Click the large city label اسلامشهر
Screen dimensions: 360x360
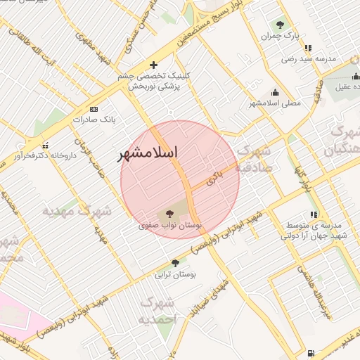[x=148, y=153]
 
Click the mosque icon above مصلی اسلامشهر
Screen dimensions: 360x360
[x=275, y=92]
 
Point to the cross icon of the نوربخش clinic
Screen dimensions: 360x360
[x=154, y=65]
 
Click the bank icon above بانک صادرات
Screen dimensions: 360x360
[x=94, y=109]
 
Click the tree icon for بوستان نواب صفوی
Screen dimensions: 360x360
[x=169, y=214]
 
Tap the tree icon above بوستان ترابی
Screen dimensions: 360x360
[x=175, y=263]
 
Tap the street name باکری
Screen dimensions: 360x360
[x=214, y=178]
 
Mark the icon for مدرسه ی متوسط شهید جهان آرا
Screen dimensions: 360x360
[x=313, y=214]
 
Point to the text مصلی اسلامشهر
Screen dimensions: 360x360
[x=274, y=103]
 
